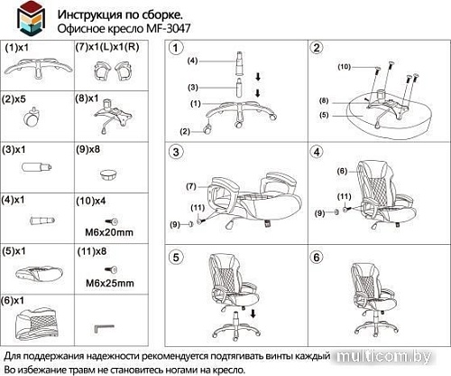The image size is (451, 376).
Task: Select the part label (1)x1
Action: pyautogui.click(x=18, y=45)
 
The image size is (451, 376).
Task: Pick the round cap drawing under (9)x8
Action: pyautogui.click(x=108, y=170)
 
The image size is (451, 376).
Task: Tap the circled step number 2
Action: pyautogui.click(x=317, y=48)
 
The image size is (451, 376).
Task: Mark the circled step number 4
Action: pyautogui.click(x=317, y=149)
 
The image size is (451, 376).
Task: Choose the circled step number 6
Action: pyautogui.click(x=317, y=257)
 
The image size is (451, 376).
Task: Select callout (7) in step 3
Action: pyautogui.click(x=190, y=185)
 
